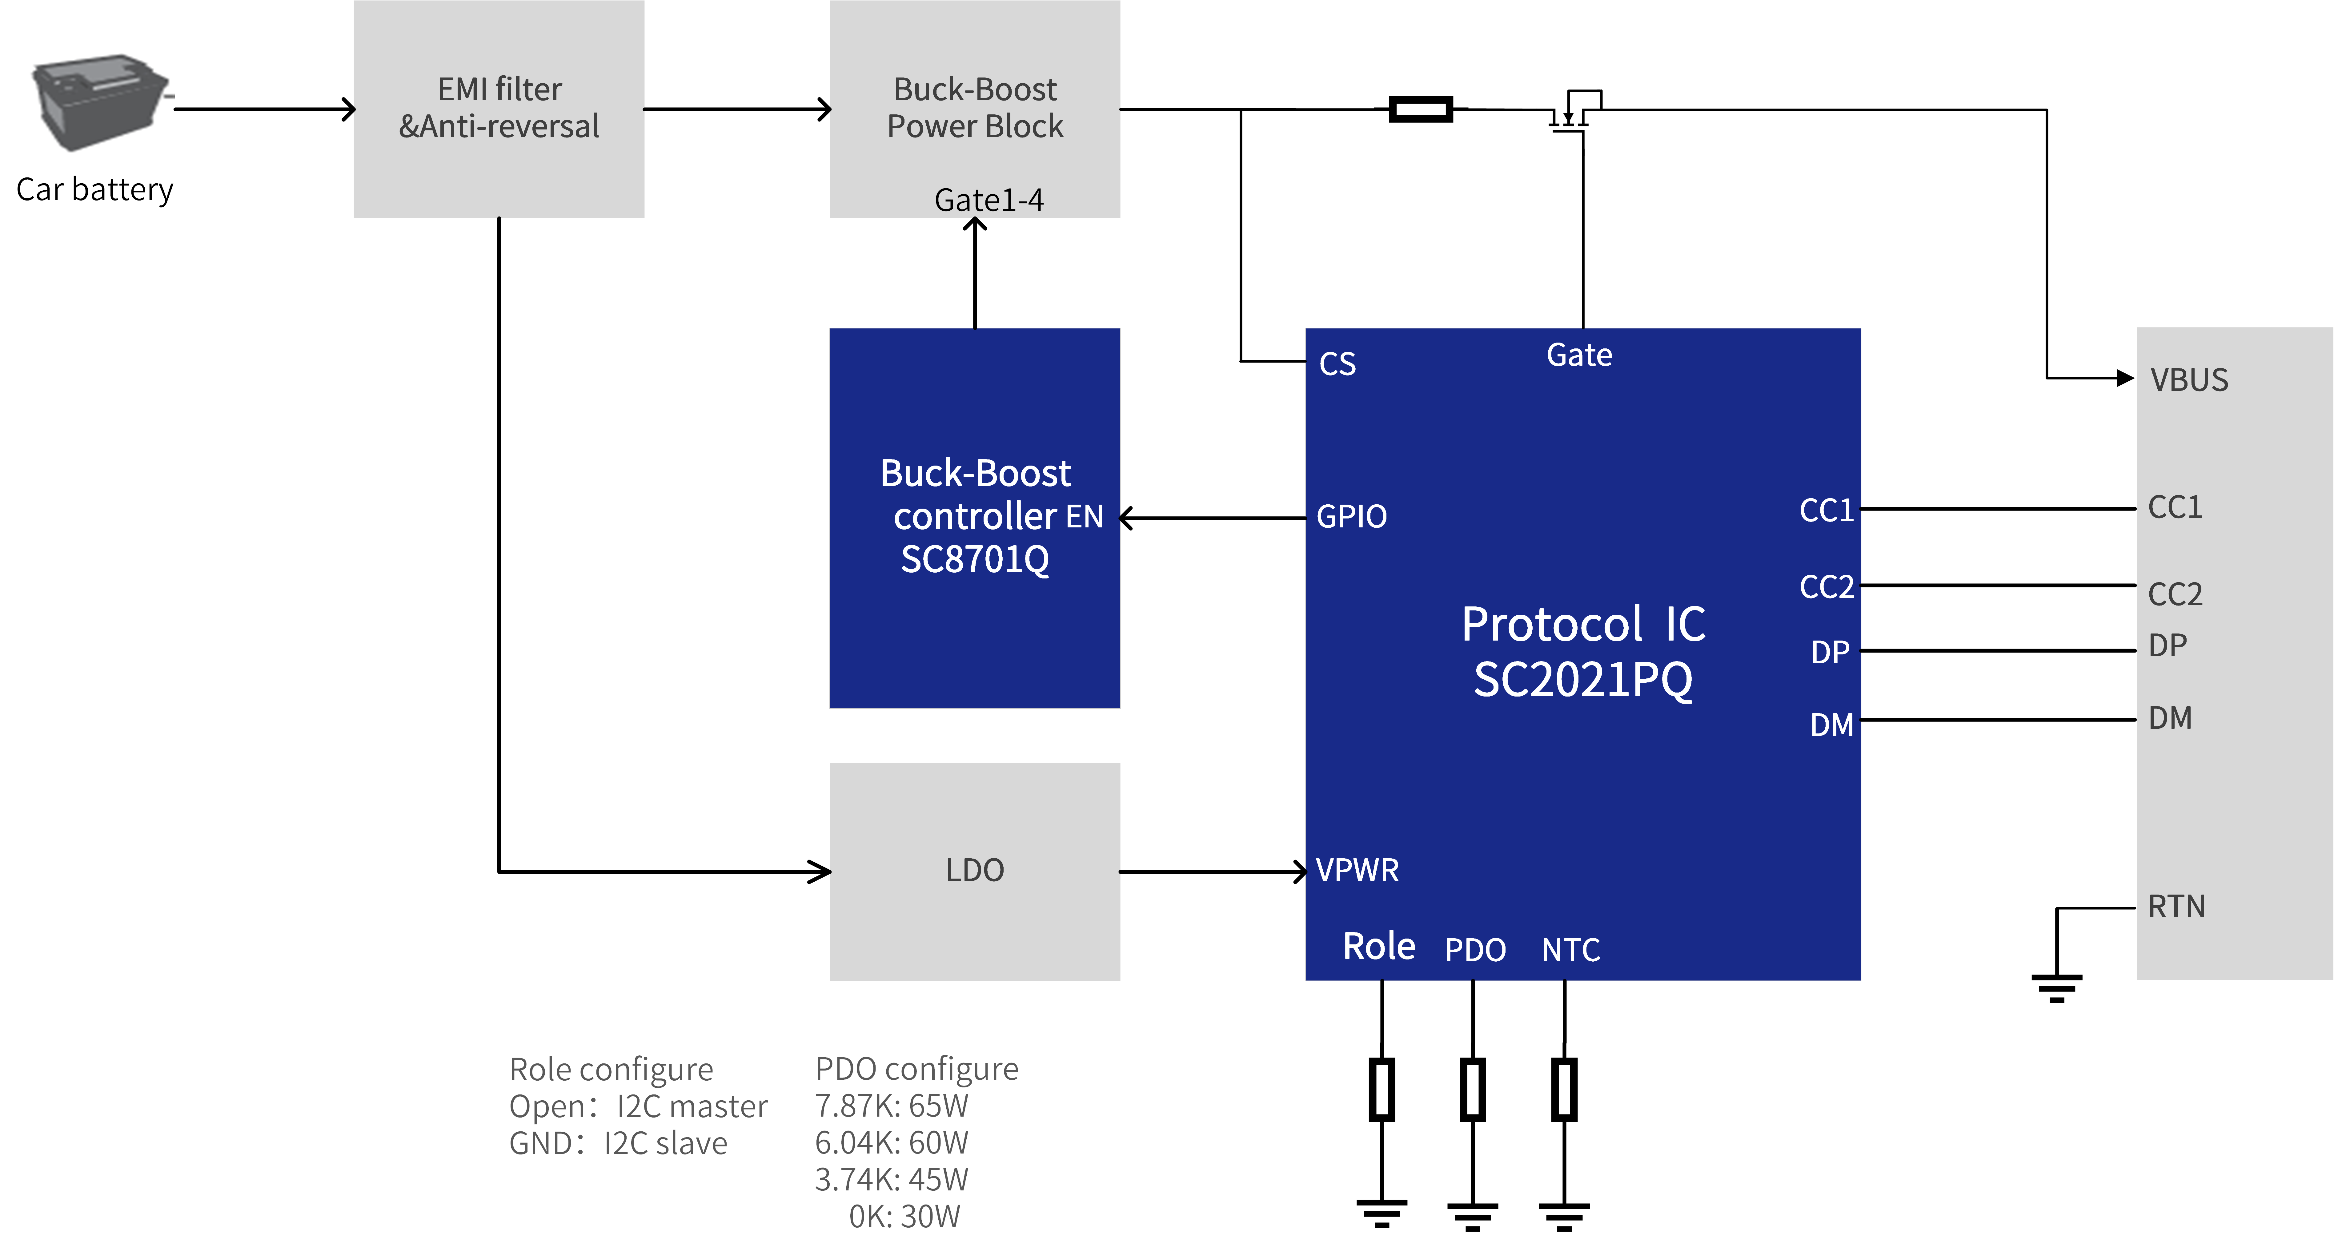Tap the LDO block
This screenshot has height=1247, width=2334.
coord(975,871)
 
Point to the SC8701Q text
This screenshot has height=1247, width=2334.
coord(975,559)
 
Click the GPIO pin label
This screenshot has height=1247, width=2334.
coord(1351,516)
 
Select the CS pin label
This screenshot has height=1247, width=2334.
coord(1337,363)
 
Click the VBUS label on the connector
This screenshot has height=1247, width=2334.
coord(2189,379)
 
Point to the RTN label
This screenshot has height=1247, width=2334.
coord(2176,907)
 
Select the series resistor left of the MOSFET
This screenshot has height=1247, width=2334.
coord(1421,109)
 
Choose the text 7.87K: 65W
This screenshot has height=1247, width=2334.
coord(892,1106)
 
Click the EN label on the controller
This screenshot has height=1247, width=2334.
coord(1085,516)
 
